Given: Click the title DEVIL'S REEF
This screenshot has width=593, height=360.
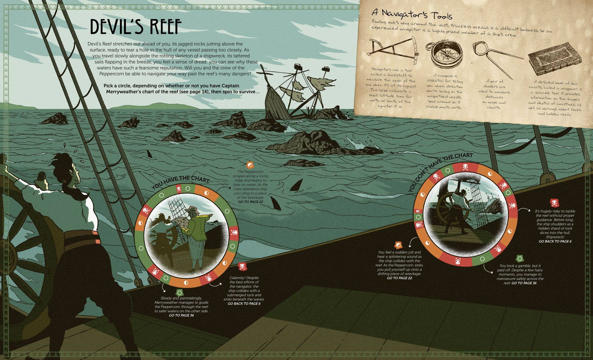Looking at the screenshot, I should (136, 27).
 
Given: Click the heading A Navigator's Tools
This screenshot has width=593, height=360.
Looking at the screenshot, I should (412, 14).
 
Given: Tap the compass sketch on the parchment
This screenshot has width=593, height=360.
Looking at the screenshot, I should (444, 54).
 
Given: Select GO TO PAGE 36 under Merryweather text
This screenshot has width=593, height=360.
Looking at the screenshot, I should (182, 315).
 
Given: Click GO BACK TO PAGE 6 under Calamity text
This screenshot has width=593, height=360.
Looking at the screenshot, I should (244, 304).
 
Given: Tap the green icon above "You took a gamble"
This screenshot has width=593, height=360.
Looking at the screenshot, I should (520, 258).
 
